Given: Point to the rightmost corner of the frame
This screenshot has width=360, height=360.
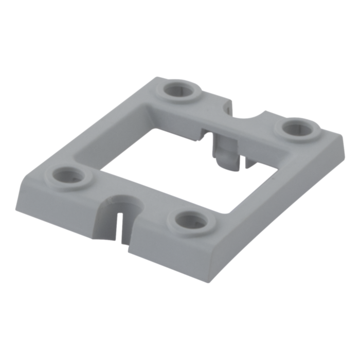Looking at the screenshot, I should click(x=344, y=136).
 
